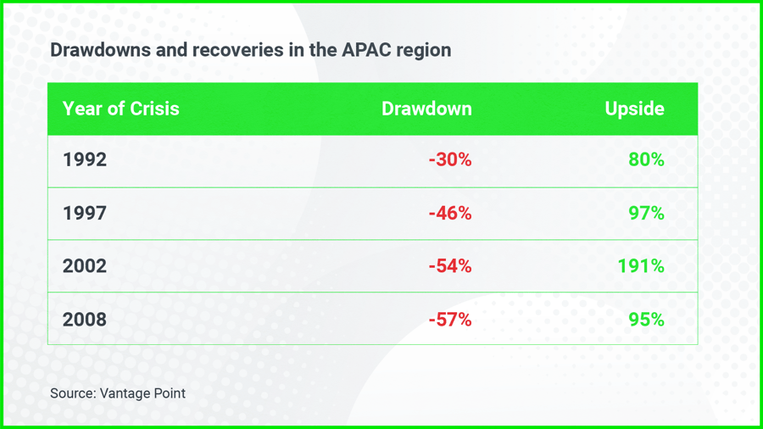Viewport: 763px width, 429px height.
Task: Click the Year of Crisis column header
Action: click(121, 109)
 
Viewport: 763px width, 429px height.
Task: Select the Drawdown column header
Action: click(426, 109)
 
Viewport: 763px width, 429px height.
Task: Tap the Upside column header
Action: click(634, 109)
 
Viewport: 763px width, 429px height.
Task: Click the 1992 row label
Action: click(85, 159)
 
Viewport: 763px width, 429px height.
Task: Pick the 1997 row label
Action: click(85, 213)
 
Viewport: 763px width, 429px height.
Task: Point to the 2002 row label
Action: click(85, 266)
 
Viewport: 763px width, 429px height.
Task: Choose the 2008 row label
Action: click(85, 320)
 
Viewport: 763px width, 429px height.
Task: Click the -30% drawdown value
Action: click(449, 159)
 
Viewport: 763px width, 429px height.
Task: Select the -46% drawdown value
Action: click(449, 213)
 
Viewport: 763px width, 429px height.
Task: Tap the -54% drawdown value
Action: click(449, 266)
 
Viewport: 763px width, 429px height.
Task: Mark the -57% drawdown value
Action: click(449, 320)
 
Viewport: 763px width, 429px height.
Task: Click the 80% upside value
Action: click(646, 159)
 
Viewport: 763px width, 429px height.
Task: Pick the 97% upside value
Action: click(646, 213)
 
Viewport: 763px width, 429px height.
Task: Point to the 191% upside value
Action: click(641, 266)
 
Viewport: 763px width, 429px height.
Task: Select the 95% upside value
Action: click(646, 320)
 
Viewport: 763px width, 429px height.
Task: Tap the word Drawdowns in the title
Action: click(100, 49)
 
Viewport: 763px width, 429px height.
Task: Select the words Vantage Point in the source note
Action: click(142, 393)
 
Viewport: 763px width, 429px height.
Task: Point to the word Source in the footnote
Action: click(72, 393)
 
